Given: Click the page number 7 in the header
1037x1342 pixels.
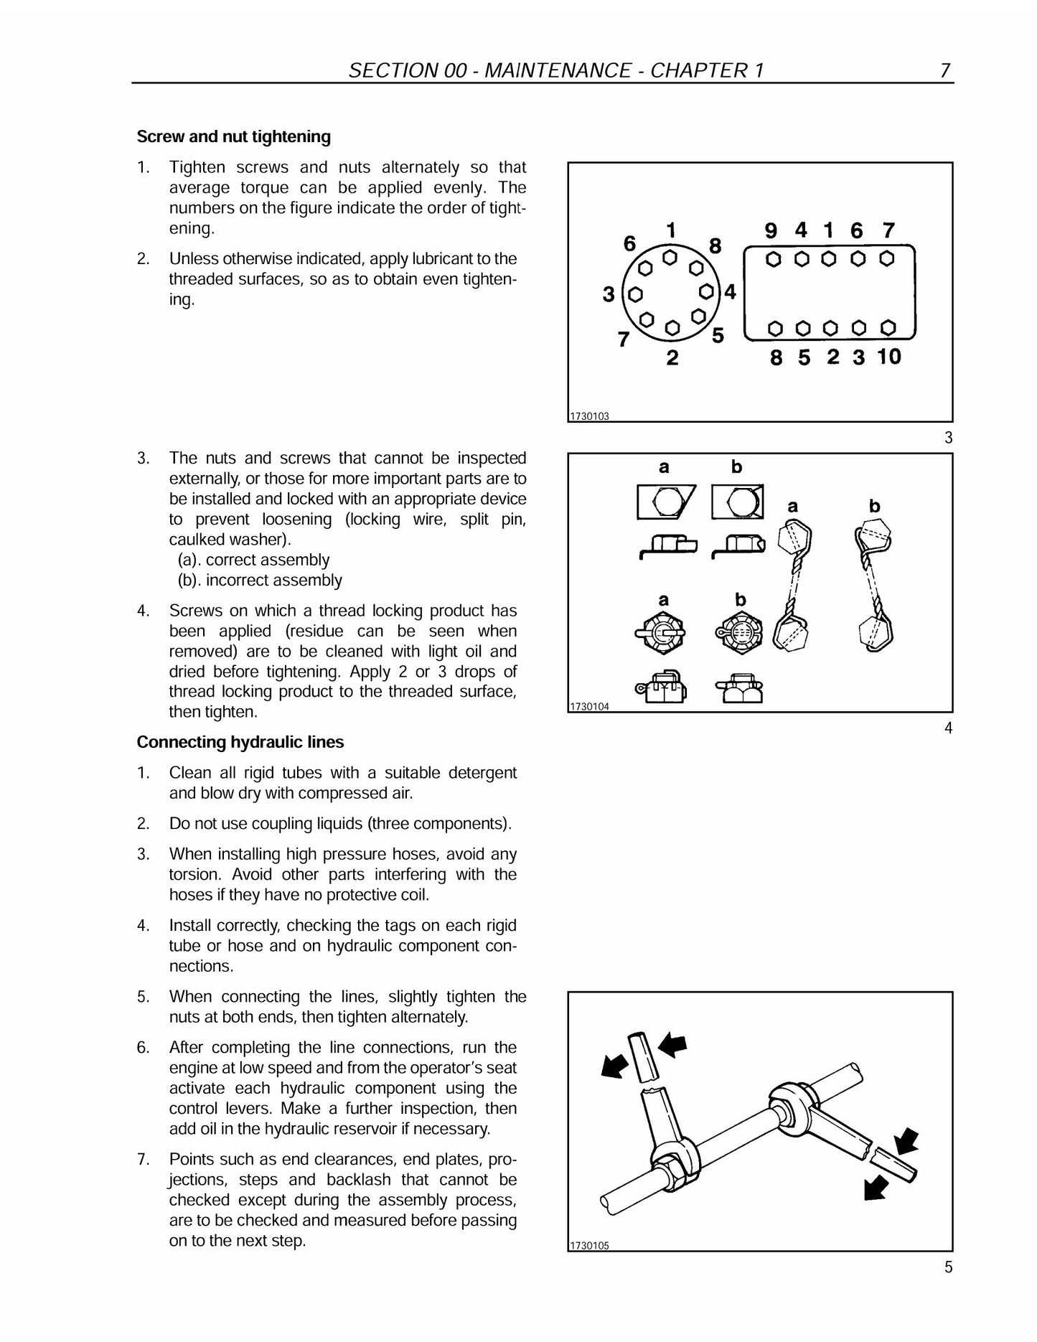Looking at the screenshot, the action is (945, 70).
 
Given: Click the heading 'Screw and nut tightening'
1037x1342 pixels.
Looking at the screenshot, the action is (234, 136).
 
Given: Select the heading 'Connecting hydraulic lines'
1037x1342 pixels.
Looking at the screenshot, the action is (240, 742).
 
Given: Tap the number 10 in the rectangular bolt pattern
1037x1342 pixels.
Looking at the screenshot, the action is (888, 356).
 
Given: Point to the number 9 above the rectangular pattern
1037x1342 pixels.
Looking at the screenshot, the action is (771, 230).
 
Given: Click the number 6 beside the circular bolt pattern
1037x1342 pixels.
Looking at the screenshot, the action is (629, 244).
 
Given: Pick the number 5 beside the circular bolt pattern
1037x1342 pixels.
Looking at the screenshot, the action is (718, 335).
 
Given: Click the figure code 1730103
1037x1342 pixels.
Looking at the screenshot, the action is (589, 416).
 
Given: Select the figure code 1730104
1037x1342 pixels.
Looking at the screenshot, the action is (589, 707).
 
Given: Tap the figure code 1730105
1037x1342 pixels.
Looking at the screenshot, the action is (589, 1246).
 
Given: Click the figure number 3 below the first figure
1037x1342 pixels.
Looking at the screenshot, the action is (949, 438).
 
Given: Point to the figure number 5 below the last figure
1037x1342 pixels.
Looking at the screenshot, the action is (949, 1267).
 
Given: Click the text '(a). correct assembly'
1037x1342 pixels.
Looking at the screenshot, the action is (253, 560).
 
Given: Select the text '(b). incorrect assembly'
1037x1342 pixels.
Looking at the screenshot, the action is (260, 580).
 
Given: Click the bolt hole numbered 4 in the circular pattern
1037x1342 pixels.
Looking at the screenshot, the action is (706, 292).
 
